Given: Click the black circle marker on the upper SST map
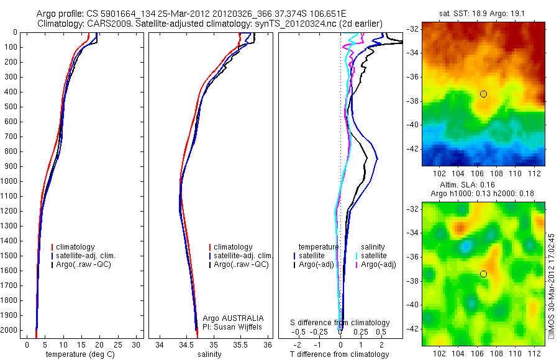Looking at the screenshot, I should (x=483, y=94).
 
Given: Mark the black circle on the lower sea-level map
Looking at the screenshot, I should (x=483, y=274).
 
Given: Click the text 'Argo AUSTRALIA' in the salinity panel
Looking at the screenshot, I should (x=237, y=318).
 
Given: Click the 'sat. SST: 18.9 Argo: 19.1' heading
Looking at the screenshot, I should (x=483, y=12).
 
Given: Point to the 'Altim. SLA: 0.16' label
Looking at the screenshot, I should (x=483, y=185).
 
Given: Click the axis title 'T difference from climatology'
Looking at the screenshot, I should (x=340, y=354).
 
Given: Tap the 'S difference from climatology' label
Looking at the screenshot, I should (x=340, y=323).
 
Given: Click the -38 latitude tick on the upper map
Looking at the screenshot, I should (x=412, y=101).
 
